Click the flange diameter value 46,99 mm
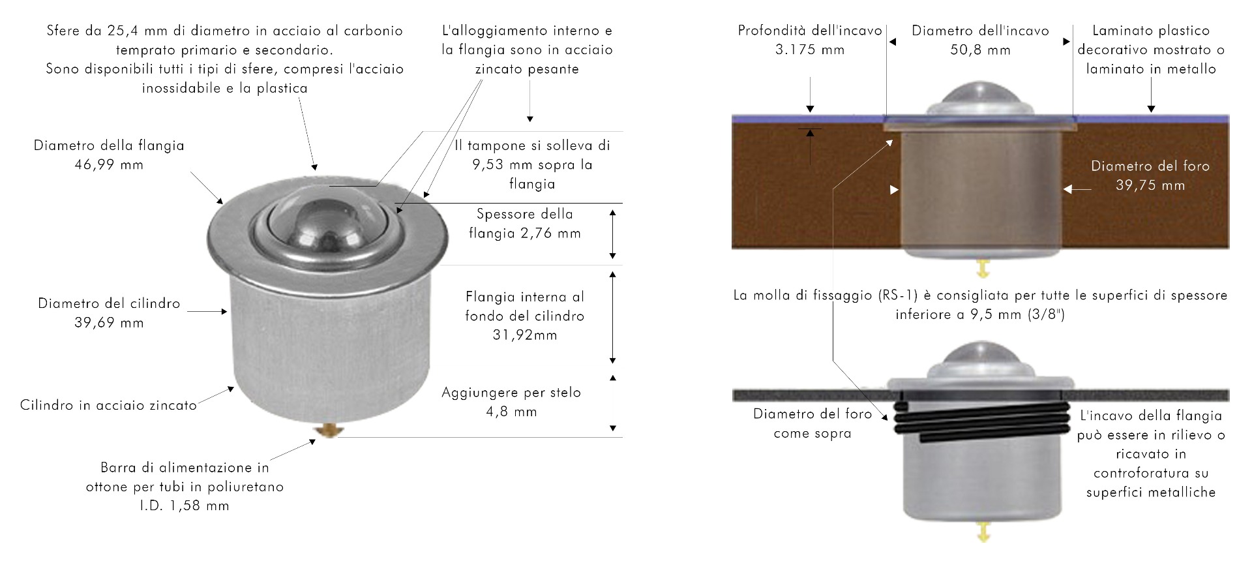pos(109,165)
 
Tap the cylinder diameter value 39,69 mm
pos(109,323)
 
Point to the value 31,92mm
pos(525,335)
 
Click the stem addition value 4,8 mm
pos(511,412)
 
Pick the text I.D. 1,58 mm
pos(185,506)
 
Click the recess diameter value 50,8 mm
pos(980,50)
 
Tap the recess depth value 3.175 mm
pos(809,50)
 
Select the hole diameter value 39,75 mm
pos(1150,185)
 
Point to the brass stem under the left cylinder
pos(329,431)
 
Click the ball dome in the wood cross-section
pos(981,94)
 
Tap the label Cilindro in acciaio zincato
pos(108,405)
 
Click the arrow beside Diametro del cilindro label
pos(207,312)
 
